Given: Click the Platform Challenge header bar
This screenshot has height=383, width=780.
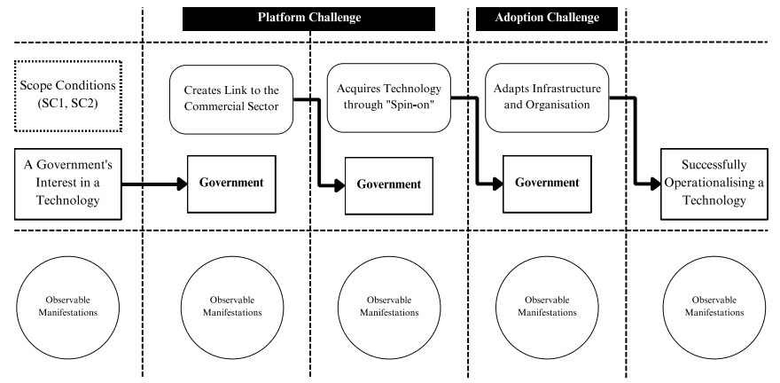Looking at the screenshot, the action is click(309, 19).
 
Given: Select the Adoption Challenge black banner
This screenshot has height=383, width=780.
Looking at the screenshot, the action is click(547, 19).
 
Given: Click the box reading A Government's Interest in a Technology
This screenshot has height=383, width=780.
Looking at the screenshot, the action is click(67, 184).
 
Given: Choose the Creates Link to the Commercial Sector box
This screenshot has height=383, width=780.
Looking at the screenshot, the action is click(231, 99).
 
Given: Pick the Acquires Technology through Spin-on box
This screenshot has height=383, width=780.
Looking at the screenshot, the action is click(389, 98).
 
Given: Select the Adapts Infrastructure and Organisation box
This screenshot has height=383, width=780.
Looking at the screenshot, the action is click(547, 98).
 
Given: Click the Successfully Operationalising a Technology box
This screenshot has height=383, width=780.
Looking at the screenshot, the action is click(714, 184).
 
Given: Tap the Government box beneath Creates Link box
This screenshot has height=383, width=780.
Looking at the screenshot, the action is click(231, 184).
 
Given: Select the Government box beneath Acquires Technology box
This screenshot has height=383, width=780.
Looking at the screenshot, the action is click(389, 185).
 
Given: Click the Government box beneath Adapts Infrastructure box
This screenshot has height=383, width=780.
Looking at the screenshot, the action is click(547, 184).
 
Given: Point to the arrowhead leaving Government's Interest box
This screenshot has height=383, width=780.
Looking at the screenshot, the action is click(182, 184).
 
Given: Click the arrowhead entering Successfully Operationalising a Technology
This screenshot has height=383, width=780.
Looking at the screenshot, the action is click(655, 184).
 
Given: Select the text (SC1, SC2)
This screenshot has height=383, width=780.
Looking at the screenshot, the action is click(67, 105).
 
